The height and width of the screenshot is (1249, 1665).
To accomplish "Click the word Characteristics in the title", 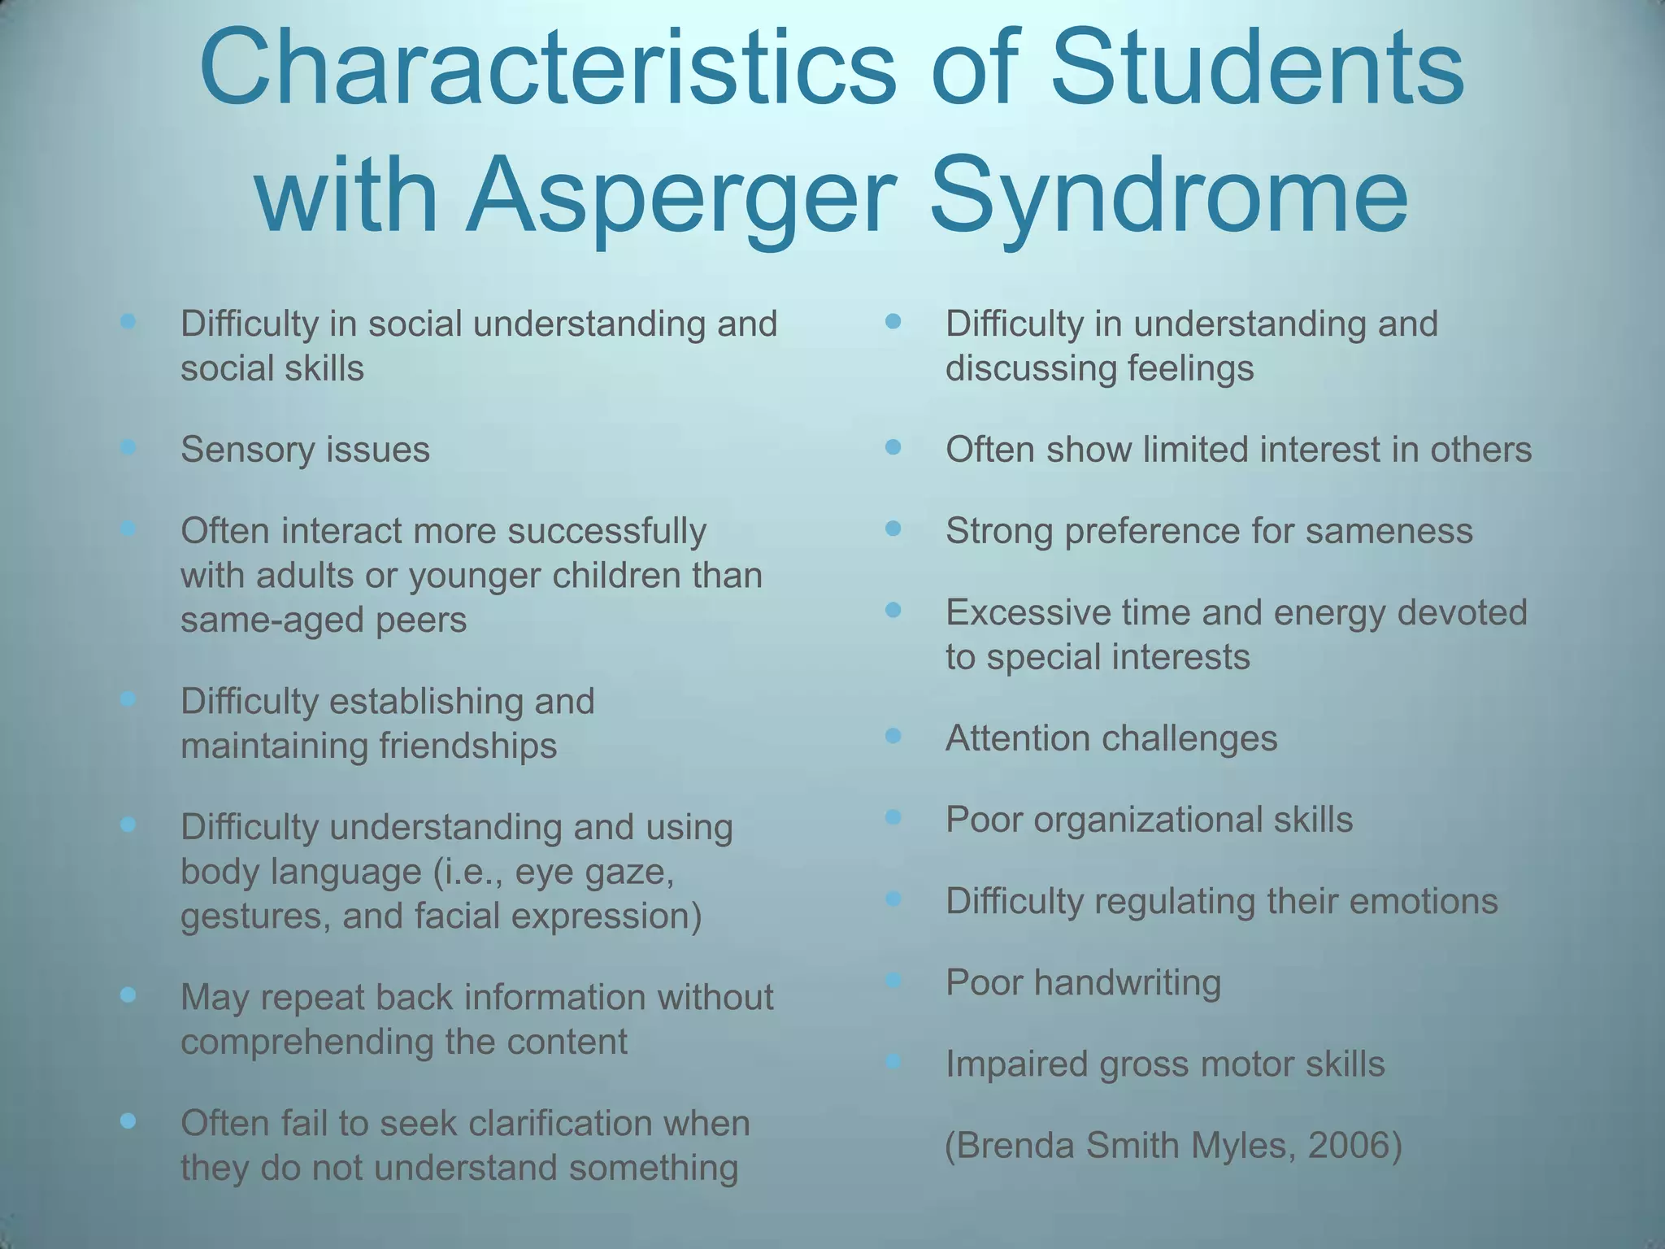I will (x=547, y=69).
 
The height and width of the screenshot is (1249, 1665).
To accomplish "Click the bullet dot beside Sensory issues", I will (x=128, y=446).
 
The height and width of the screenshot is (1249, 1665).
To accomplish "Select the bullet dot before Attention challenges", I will (x=893, y=736).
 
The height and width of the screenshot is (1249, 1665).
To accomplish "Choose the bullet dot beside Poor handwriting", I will (x=893, y=980).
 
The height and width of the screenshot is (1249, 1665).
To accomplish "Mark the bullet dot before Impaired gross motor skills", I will (x=893, y=1061).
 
